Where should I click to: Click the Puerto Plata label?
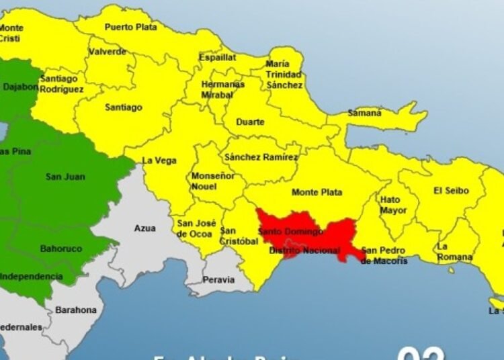click(x=130, y=28)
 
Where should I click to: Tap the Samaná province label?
click(x=364, y=113)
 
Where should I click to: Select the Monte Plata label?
click(x=317, y=192)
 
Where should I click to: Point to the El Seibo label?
click(x=451, y=191)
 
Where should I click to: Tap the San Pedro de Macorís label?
click(x=384, y=256)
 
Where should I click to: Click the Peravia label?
click(x=219, y=279)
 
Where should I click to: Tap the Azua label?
click(x=144, y=228)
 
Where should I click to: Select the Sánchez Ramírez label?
click(x=261, y=157)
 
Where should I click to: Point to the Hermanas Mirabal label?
click(x=222, y=91)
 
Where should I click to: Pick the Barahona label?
click(x=76, y=310)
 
